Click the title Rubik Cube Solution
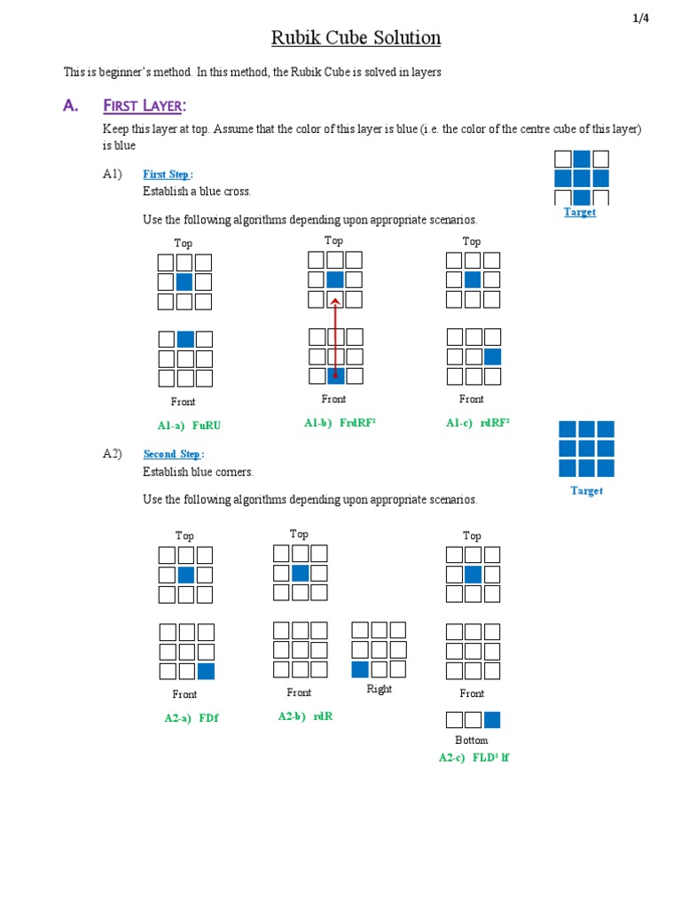[355, 38]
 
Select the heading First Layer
[145, 106]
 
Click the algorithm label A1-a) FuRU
[189, 425]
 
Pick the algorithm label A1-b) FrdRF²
[340, 423]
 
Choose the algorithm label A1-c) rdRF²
[477, 423]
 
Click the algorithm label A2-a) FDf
[191, 717]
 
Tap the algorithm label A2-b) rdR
[305, 716]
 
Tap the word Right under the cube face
[379, 689]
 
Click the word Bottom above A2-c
[472, 740]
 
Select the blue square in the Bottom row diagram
[492, 719]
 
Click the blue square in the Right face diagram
[360, 669]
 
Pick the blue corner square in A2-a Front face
[206, 671]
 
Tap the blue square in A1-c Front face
[492, 356]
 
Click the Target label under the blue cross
[580, 212]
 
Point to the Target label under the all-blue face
[586, 490]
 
